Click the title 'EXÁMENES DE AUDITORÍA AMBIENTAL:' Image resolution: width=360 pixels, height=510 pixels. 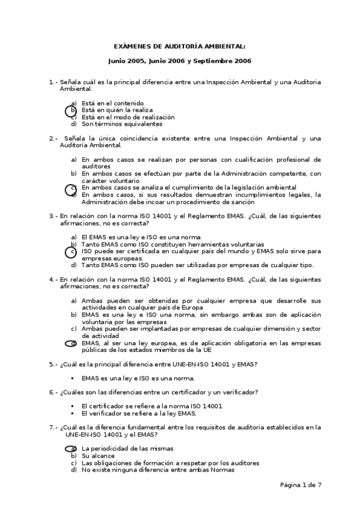(180, 46)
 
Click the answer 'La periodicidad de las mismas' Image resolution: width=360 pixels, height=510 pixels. (127, 449)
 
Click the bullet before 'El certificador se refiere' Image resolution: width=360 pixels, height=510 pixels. (72, 406)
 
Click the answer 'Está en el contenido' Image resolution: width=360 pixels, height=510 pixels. (113, 103)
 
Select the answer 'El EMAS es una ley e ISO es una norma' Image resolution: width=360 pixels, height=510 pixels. (141, 238)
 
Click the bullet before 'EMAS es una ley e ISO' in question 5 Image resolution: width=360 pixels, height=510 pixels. (72, 378)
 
